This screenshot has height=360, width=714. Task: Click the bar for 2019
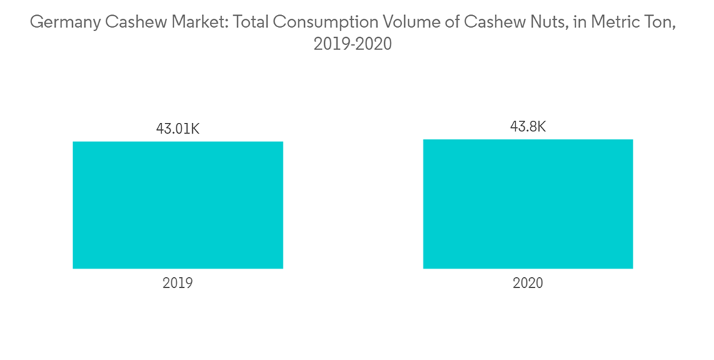178,205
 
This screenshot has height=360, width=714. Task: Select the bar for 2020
528,204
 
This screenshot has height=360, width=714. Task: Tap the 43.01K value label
178,129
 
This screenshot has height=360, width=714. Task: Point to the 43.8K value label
528,127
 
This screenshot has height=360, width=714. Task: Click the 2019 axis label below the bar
178,284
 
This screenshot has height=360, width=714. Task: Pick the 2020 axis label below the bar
528,284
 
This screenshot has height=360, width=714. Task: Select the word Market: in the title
188,23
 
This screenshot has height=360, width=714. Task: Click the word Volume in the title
394,23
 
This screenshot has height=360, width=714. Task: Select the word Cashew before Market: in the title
133,23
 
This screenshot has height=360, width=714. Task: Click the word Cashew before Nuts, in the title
488,23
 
